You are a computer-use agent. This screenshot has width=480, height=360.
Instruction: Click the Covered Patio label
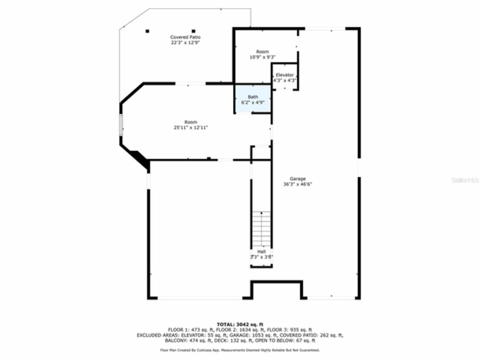185,37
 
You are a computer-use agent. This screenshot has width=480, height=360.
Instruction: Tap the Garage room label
298,179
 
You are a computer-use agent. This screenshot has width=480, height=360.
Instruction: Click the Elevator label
285,75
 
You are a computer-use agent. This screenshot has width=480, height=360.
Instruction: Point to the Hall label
261,251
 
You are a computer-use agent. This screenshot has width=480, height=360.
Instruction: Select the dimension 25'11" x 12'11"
190,127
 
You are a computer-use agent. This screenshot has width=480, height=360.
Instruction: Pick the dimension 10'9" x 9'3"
262,57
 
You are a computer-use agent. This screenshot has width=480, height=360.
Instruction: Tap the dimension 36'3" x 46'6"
298,184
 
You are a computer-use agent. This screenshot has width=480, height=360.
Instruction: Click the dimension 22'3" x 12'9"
185,43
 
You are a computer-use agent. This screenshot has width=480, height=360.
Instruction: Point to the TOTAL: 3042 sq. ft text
240,324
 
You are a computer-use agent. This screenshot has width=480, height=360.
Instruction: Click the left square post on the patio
148,31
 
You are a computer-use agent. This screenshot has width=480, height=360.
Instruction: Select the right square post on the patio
193,31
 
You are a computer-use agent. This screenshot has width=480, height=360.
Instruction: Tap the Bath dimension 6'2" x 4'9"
253,102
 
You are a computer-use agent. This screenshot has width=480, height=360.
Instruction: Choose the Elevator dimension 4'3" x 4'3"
285,80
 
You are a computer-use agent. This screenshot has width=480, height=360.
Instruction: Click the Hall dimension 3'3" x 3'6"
261,257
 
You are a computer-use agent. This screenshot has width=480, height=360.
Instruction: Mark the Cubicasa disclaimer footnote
240,350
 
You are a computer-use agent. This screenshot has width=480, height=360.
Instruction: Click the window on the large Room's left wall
121,125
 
